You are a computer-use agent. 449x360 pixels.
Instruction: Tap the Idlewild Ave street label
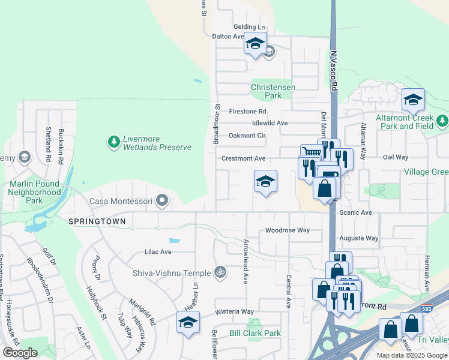270,123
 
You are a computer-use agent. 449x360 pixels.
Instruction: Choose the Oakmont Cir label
247,136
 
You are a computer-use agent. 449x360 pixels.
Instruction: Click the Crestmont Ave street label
243,158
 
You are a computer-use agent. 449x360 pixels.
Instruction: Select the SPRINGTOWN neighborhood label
97,221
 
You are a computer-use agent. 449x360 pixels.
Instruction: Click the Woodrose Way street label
287,230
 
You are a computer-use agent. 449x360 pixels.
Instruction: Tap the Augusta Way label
359,238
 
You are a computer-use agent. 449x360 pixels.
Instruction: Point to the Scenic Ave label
355,212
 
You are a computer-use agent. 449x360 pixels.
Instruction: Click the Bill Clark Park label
255,333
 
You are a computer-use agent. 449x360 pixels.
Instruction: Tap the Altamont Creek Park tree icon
443,122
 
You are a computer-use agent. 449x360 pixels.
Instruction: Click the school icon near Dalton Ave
255,44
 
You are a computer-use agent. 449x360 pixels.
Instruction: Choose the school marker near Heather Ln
188,322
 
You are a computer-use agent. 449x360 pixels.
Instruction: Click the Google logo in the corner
20,353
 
